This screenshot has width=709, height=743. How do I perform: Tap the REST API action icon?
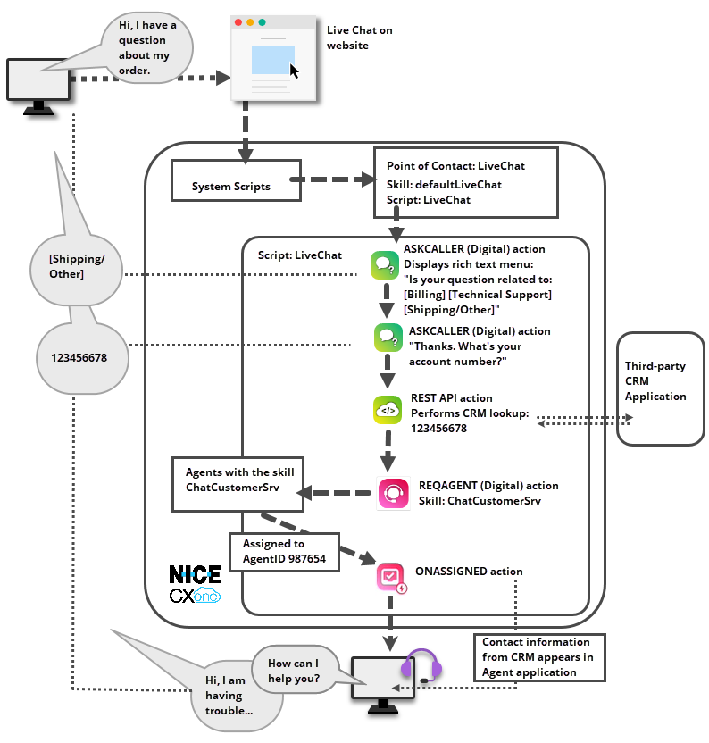(388, 410)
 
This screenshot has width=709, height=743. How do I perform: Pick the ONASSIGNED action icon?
(393, 577)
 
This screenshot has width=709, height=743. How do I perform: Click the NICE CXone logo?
(195, 585)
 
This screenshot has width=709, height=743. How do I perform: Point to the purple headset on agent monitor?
(422, 667)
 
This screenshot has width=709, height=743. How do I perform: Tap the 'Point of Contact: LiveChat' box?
(465, 182)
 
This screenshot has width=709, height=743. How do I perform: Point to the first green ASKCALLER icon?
(386, 264)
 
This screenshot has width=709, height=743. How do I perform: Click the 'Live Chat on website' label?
(359, 38)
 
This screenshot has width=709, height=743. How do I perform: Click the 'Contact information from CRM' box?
(538, 656)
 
